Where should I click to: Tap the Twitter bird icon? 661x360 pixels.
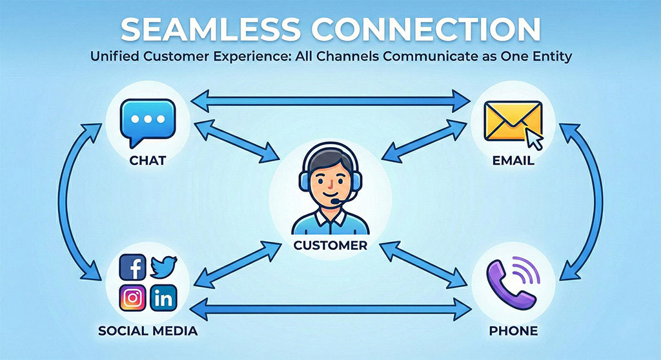tap(164, 266)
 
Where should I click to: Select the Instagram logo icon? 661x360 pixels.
tap(133, 298)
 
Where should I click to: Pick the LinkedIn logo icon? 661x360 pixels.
tap(163, 298)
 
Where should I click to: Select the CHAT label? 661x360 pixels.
tap(147, 160)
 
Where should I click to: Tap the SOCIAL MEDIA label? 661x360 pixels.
tap(148, 331)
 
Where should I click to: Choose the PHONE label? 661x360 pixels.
tap(513, 331)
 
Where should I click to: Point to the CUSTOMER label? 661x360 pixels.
tap(330, 245)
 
